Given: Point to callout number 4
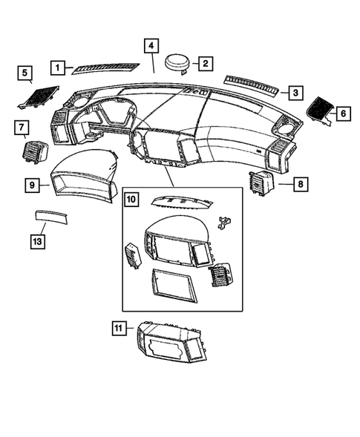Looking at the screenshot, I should point(151,45).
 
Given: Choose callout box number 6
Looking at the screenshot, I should point(342,114).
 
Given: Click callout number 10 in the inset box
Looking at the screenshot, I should point(131,199).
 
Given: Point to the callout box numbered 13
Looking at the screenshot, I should point(37,240).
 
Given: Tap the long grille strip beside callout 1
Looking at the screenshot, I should point(106,67).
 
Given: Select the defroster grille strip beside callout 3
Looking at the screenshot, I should point(253,85).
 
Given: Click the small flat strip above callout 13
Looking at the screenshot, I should point(53,217).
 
